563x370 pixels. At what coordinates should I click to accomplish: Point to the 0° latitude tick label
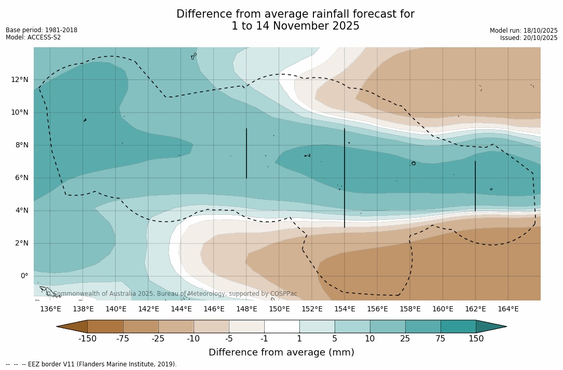coord(24,276)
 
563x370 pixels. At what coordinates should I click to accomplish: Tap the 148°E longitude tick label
coord(246,309)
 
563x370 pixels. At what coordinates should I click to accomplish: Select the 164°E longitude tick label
coord(508,309)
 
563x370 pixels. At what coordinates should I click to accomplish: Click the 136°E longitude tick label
coord(50,309)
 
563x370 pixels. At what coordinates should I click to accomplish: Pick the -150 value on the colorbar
coord(88,339)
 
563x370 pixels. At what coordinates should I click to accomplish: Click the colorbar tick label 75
coord(441,339)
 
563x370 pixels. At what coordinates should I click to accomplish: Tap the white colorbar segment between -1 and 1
coord(282,326)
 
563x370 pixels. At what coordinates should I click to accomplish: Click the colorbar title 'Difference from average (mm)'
coord(281,353)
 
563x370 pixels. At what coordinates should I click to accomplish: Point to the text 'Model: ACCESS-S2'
coord(33,37)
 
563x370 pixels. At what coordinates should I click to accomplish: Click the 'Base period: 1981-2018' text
coord(42,30)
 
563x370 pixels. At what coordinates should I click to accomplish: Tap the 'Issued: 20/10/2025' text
coord(529,38)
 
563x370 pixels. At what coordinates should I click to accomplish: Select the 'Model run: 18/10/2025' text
coord(524,31)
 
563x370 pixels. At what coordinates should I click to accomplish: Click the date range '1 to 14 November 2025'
coord(295,26)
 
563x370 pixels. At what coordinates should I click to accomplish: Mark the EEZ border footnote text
coord(91,364)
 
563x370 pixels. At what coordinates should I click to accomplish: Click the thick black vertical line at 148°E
coord(246,153)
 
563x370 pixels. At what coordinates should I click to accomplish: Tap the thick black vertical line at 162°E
coord(475,186)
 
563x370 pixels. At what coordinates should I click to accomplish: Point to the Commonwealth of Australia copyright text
coord(171,294)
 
